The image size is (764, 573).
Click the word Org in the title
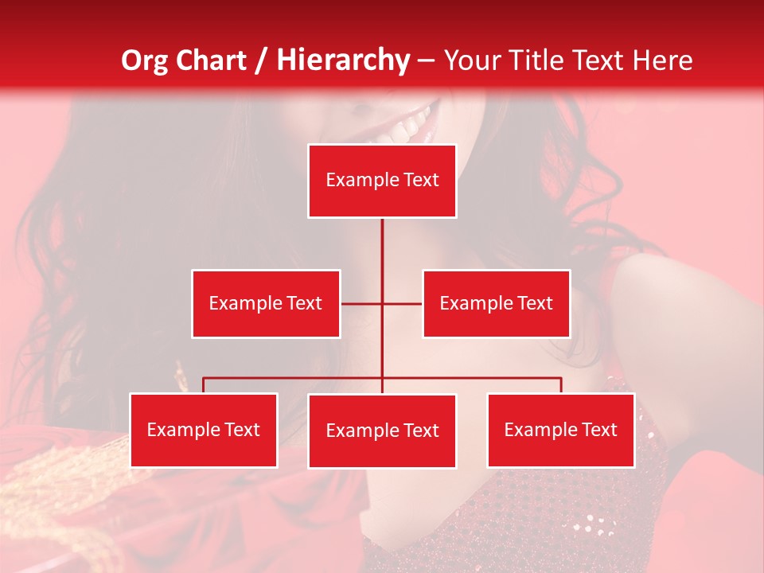145,60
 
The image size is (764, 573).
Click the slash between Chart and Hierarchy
262,61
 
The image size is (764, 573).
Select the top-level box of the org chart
382,181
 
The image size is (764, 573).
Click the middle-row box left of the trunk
266,303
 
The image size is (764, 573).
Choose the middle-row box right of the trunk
496,303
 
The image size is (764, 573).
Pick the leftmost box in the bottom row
204,430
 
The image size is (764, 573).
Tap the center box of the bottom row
382,431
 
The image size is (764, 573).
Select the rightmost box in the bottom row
560,430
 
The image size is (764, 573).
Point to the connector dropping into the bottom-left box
204,384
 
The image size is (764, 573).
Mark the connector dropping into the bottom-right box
560,384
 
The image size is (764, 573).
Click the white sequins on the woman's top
589,524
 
